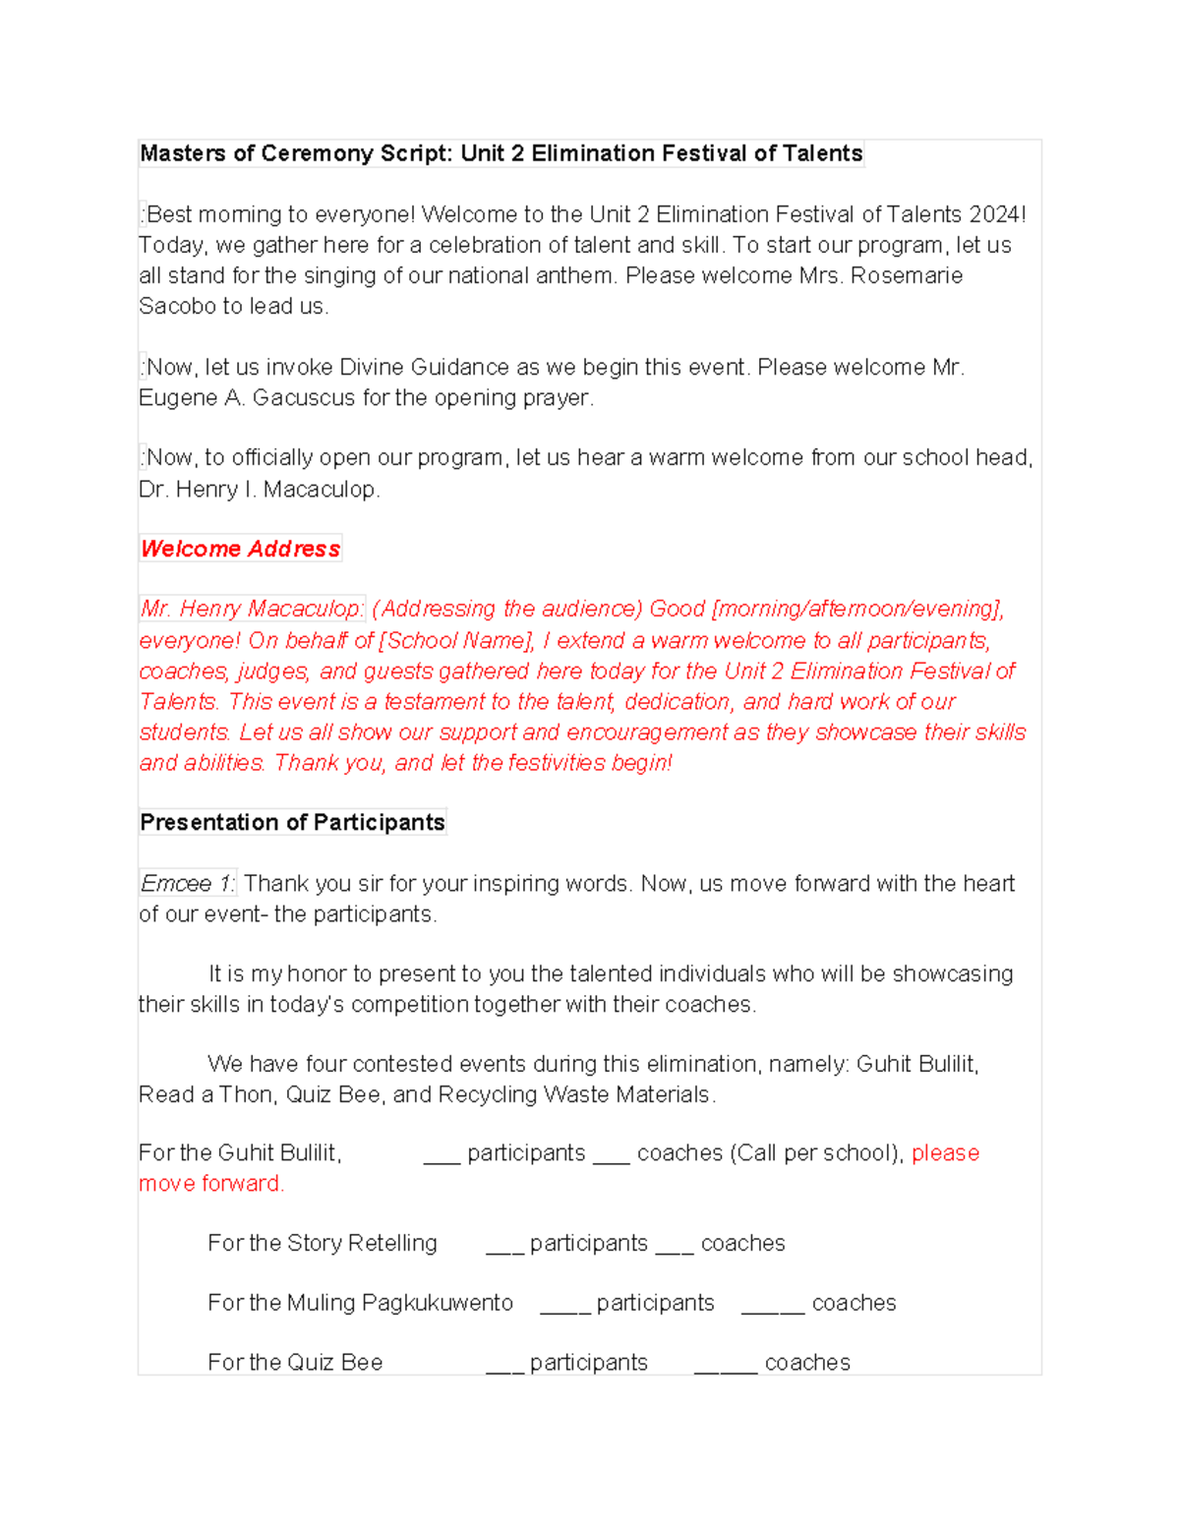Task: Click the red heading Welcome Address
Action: (240, 549)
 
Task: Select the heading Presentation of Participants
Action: (292, 822)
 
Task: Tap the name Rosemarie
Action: (906, 275)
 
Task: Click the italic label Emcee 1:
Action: (188, 883)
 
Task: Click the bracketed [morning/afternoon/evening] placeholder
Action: (856, 609)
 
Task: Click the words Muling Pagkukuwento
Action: (400, 1303)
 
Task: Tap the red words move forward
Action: (210, 1183)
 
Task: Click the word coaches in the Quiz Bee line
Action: (807, 1362)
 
